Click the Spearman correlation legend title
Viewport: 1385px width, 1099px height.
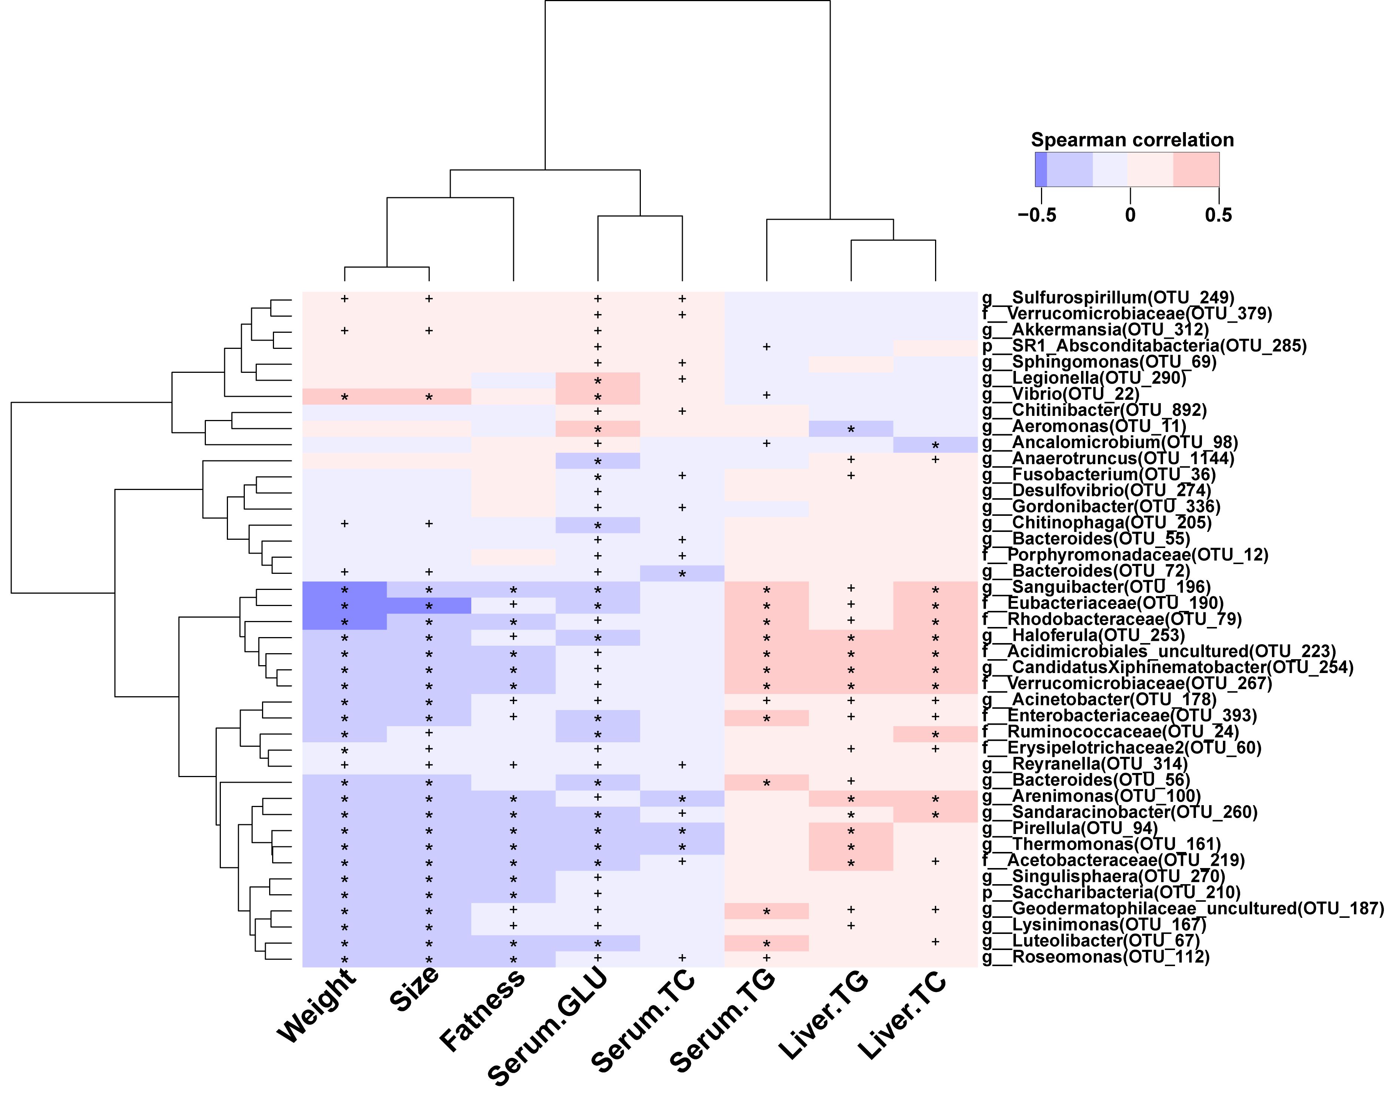(x=1132, y=140)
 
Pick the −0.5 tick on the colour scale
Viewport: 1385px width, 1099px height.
(x=1037, y=214)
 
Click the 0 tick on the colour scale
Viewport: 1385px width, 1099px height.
(x=1130, y=214)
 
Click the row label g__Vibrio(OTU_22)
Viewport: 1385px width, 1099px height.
(x=1060, y=395)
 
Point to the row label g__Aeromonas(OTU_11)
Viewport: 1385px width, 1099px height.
(x=1084, y=426)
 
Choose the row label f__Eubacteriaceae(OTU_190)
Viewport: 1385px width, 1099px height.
(x=1102, y=603)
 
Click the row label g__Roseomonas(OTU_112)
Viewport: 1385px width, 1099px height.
(x=1095, y=957)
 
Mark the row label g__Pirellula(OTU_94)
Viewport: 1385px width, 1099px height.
(x=1069, y=829)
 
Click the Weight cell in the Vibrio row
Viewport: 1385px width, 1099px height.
(x=344, y=397)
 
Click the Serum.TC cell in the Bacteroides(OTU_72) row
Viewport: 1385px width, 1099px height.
(x=682, y=573)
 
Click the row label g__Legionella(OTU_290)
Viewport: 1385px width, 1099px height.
(x=1084, y=378)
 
